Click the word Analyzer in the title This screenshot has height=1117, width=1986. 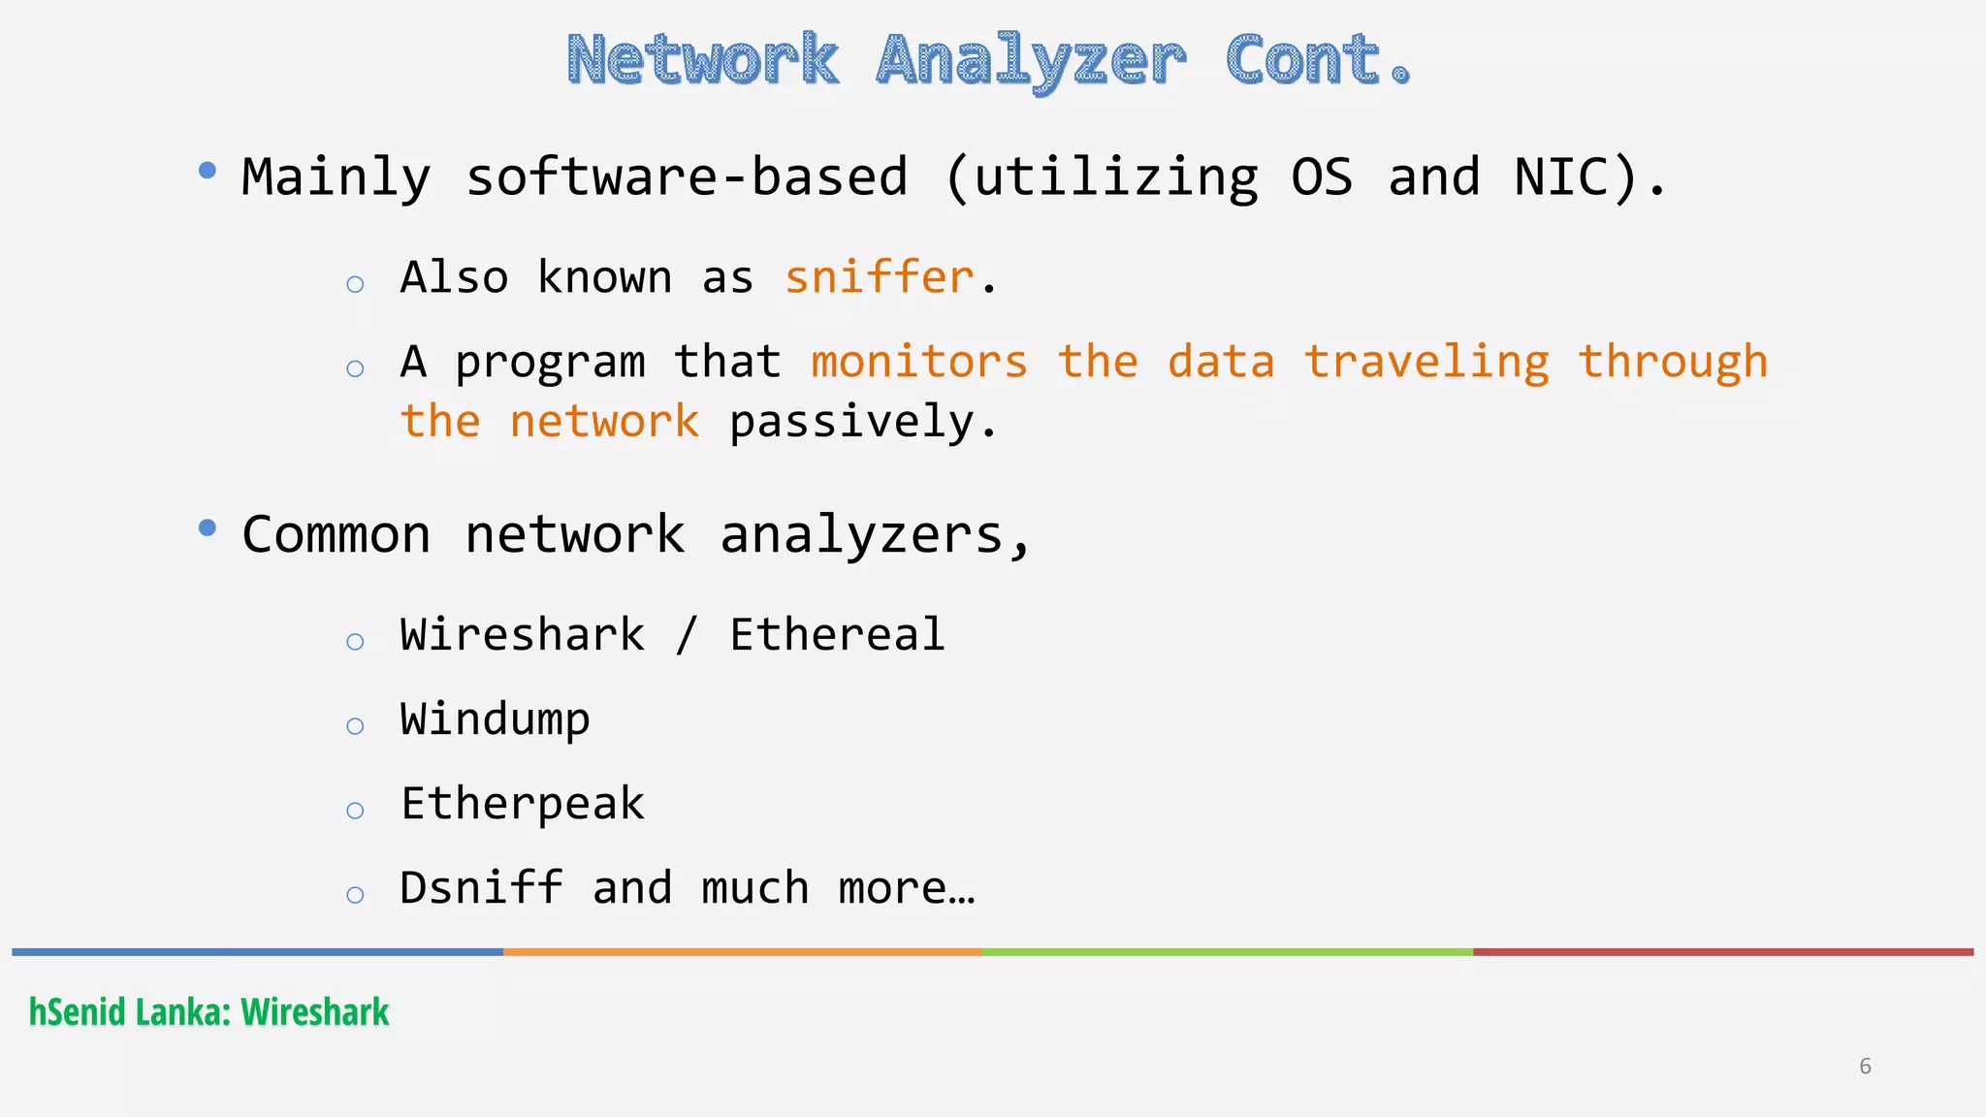pyautogui.click(x=1031, y=60)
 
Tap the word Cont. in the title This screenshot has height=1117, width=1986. pyautogui.click(x=1318, y=60)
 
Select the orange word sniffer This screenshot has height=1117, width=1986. pyautogui.click(x=879, y=277)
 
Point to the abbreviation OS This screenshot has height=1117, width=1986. pyautogui.click(x=1321, y=177)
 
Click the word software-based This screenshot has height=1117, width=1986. pyautogui.click(x=687, y=177)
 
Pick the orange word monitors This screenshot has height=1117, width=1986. pyautogui.click(x=918, y=362)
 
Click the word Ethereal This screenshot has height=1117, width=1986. pyautogui.click(x=837, y=635)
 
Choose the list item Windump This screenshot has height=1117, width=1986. pyautogui.click(x=495, y=719)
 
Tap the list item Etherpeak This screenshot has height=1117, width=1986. pyautogui.click(x=523, y=804)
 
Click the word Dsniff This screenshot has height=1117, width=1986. pyautogui.click(x=481, y=888)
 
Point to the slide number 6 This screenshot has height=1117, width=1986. pyautogui.click(x=1865, y=1067)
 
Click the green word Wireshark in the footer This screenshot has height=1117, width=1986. pyautogui.click(x=315, y=1012)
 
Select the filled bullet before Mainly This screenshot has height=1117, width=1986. pyautogui.click(x=207, y=171)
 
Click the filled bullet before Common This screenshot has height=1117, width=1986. pyautogui.click(x=207, y=527)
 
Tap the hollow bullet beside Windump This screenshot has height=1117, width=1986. pyautogui.click(x=355, y=726)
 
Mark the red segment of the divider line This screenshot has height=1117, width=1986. pyautogui.click(x=1722, y=952)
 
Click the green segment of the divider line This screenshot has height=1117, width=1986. pyautogui.click(x=1227, y=952)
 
